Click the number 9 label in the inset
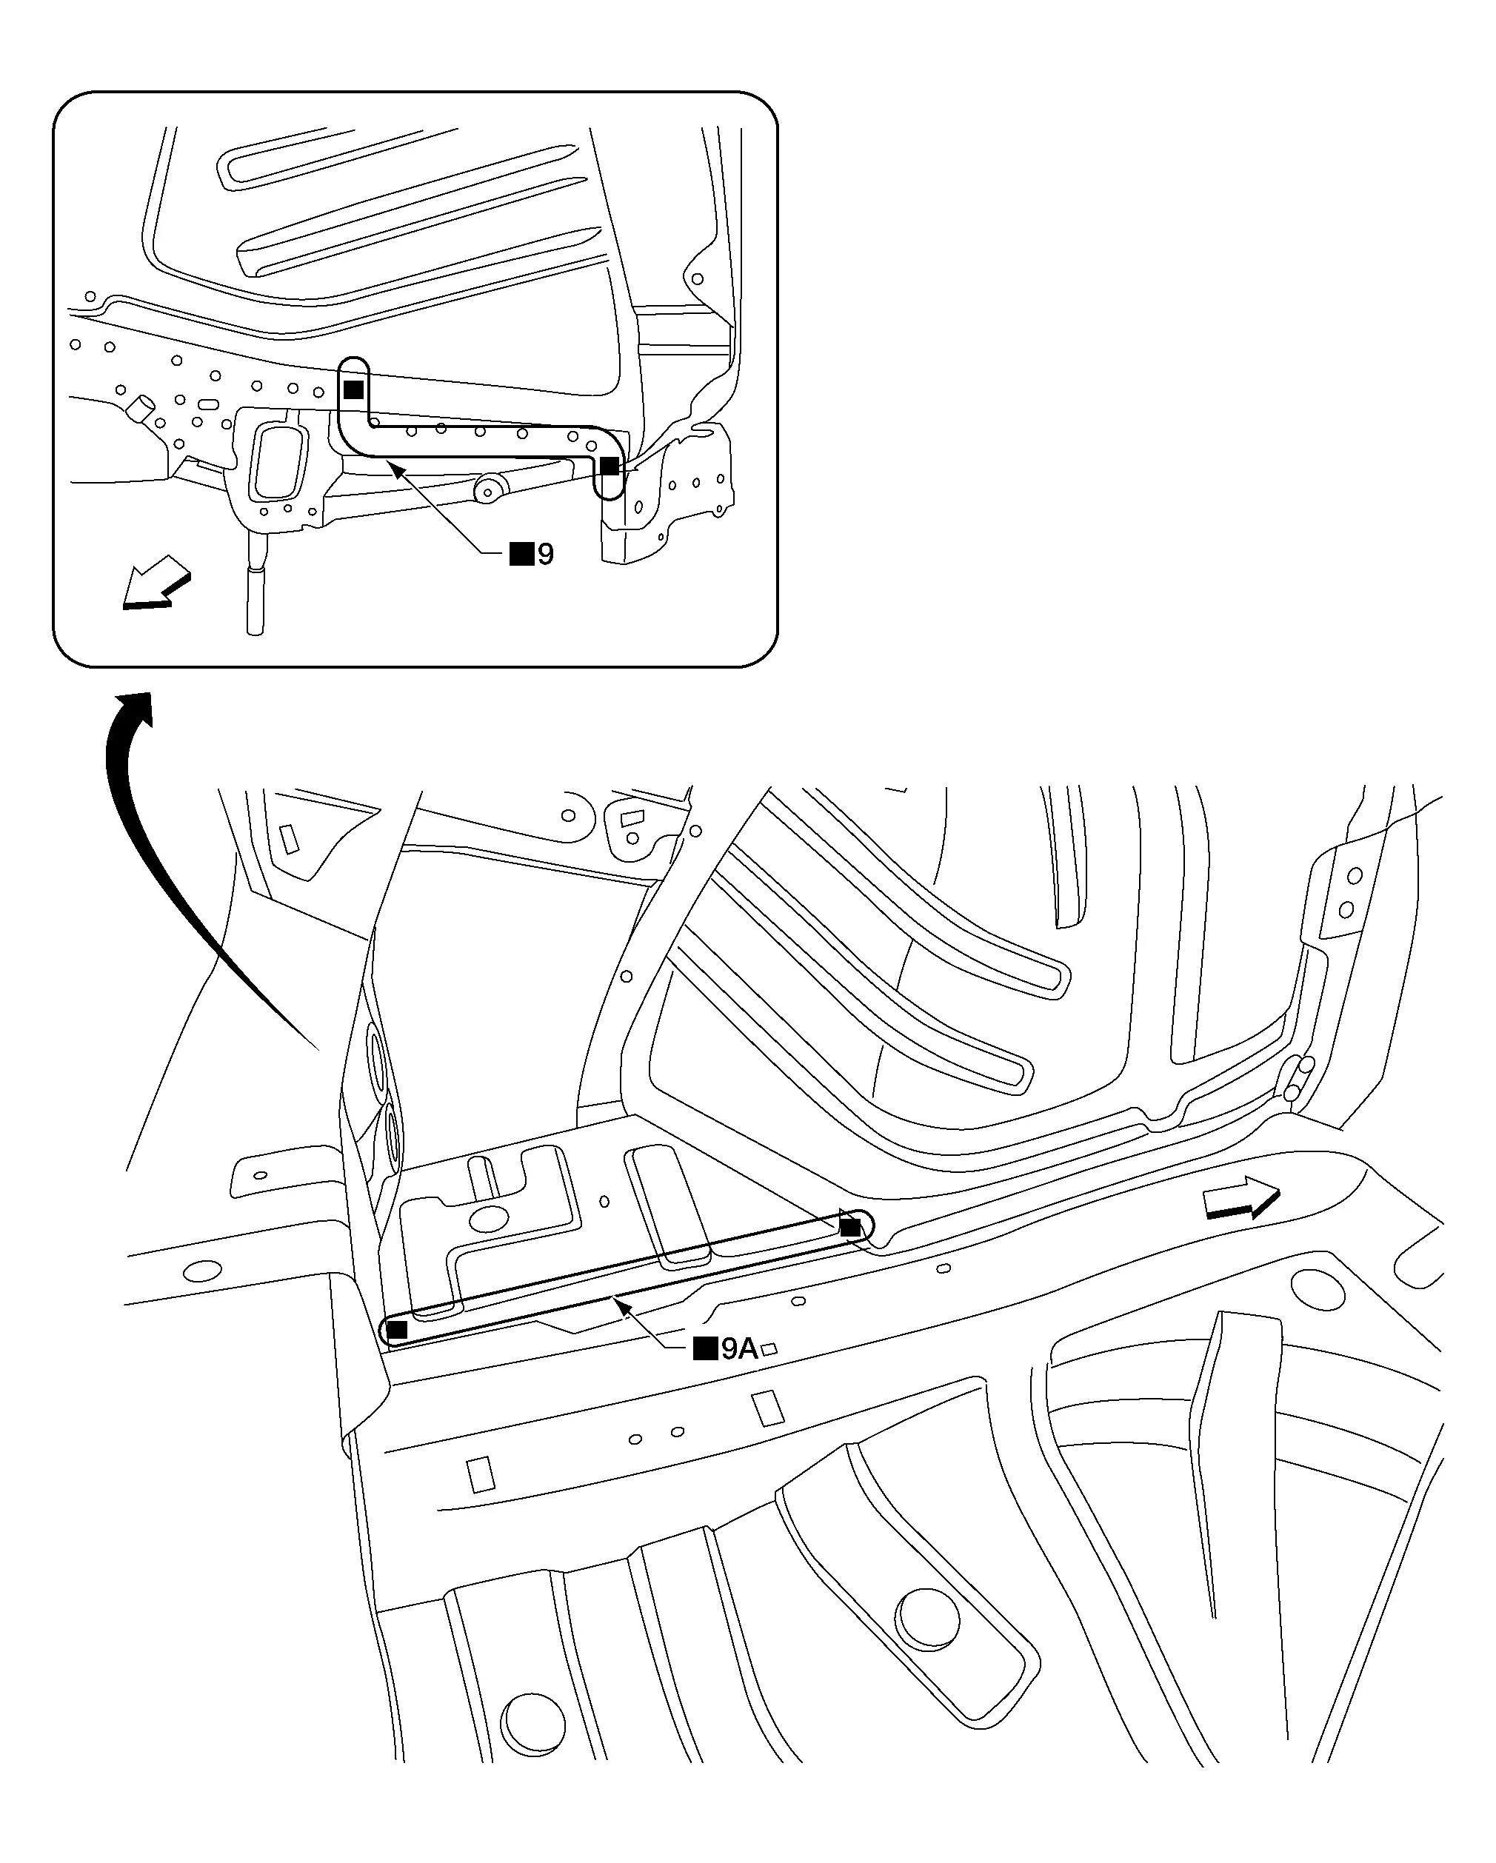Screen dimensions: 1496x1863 click(545, 554)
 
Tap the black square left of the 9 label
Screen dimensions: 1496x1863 click(521, 554)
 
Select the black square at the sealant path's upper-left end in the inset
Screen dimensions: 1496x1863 click(353, 389)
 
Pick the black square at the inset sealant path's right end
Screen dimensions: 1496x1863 click(610, 466)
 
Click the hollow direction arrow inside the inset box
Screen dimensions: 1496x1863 click(156, 583)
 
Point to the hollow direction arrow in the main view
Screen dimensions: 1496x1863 click(1241, 1199)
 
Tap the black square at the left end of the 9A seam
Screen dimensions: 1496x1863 click(397, 1330)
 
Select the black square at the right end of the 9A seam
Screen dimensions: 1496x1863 click(850, 1227)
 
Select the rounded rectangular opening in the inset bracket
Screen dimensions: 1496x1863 click(278, 461)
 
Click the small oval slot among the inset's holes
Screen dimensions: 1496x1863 click(207, 404)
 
